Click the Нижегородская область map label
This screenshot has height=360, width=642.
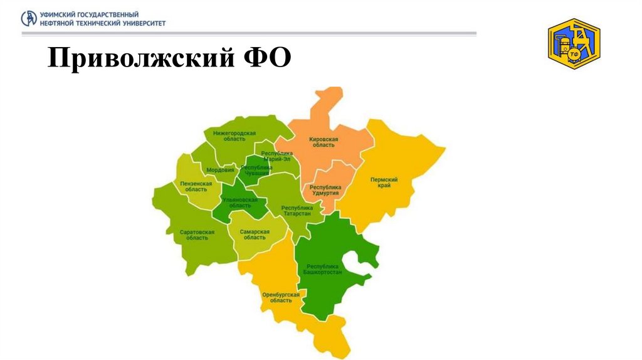(234, 137)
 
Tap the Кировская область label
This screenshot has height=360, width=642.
(324, 142)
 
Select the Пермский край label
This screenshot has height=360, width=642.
(384, 183)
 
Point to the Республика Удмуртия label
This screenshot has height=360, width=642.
(324, 190)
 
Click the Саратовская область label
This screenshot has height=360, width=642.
(197, 235)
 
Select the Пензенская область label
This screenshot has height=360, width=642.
(196, 186)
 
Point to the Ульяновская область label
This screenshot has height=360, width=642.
(239, 203)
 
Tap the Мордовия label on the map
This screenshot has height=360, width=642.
(221, 170)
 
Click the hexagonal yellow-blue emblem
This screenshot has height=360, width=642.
(574, 44)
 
